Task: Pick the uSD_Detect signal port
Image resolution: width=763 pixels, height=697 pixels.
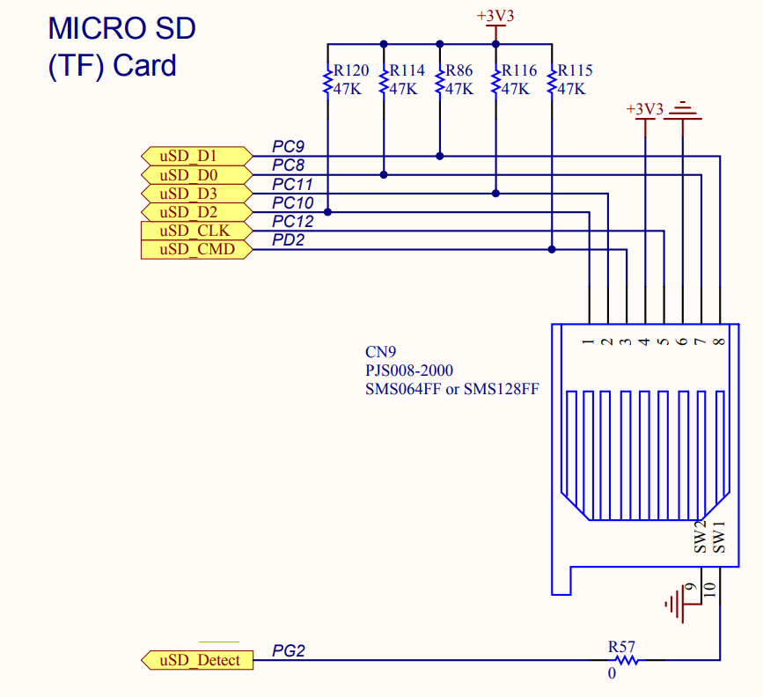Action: pos(196,660)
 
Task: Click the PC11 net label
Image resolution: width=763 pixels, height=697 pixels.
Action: pos(292,184)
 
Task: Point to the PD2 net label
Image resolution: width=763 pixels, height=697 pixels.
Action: pos(289,240)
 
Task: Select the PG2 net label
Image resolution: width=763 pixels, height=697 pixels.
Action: pos(289,650)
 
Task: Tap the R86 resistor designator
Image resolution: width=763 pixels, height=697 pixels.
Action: pos(459,70)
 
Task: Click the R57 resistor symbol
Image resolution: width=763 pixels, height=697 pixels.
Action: pos(626,660)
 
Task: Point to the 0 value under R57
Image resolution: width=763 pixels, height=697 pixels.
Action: pos(612,674)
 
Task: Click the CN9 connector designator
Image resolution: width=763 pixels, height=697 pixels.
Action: pos(380,352)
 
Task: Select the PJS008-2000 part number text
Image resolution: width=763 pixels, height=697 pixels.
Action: pos(409,371)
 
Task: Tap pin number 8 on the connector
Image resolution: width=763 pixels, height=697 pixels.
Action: pos(720,341)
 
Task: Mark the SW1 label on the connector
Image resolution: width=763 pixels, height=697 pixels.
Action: pos(720,538)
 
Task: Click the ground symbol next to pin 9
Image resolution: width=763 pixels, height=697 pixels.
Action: pos(675,604)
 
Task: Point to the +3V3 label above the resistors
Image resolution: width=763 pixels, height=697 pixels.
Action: pos(495,16)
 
